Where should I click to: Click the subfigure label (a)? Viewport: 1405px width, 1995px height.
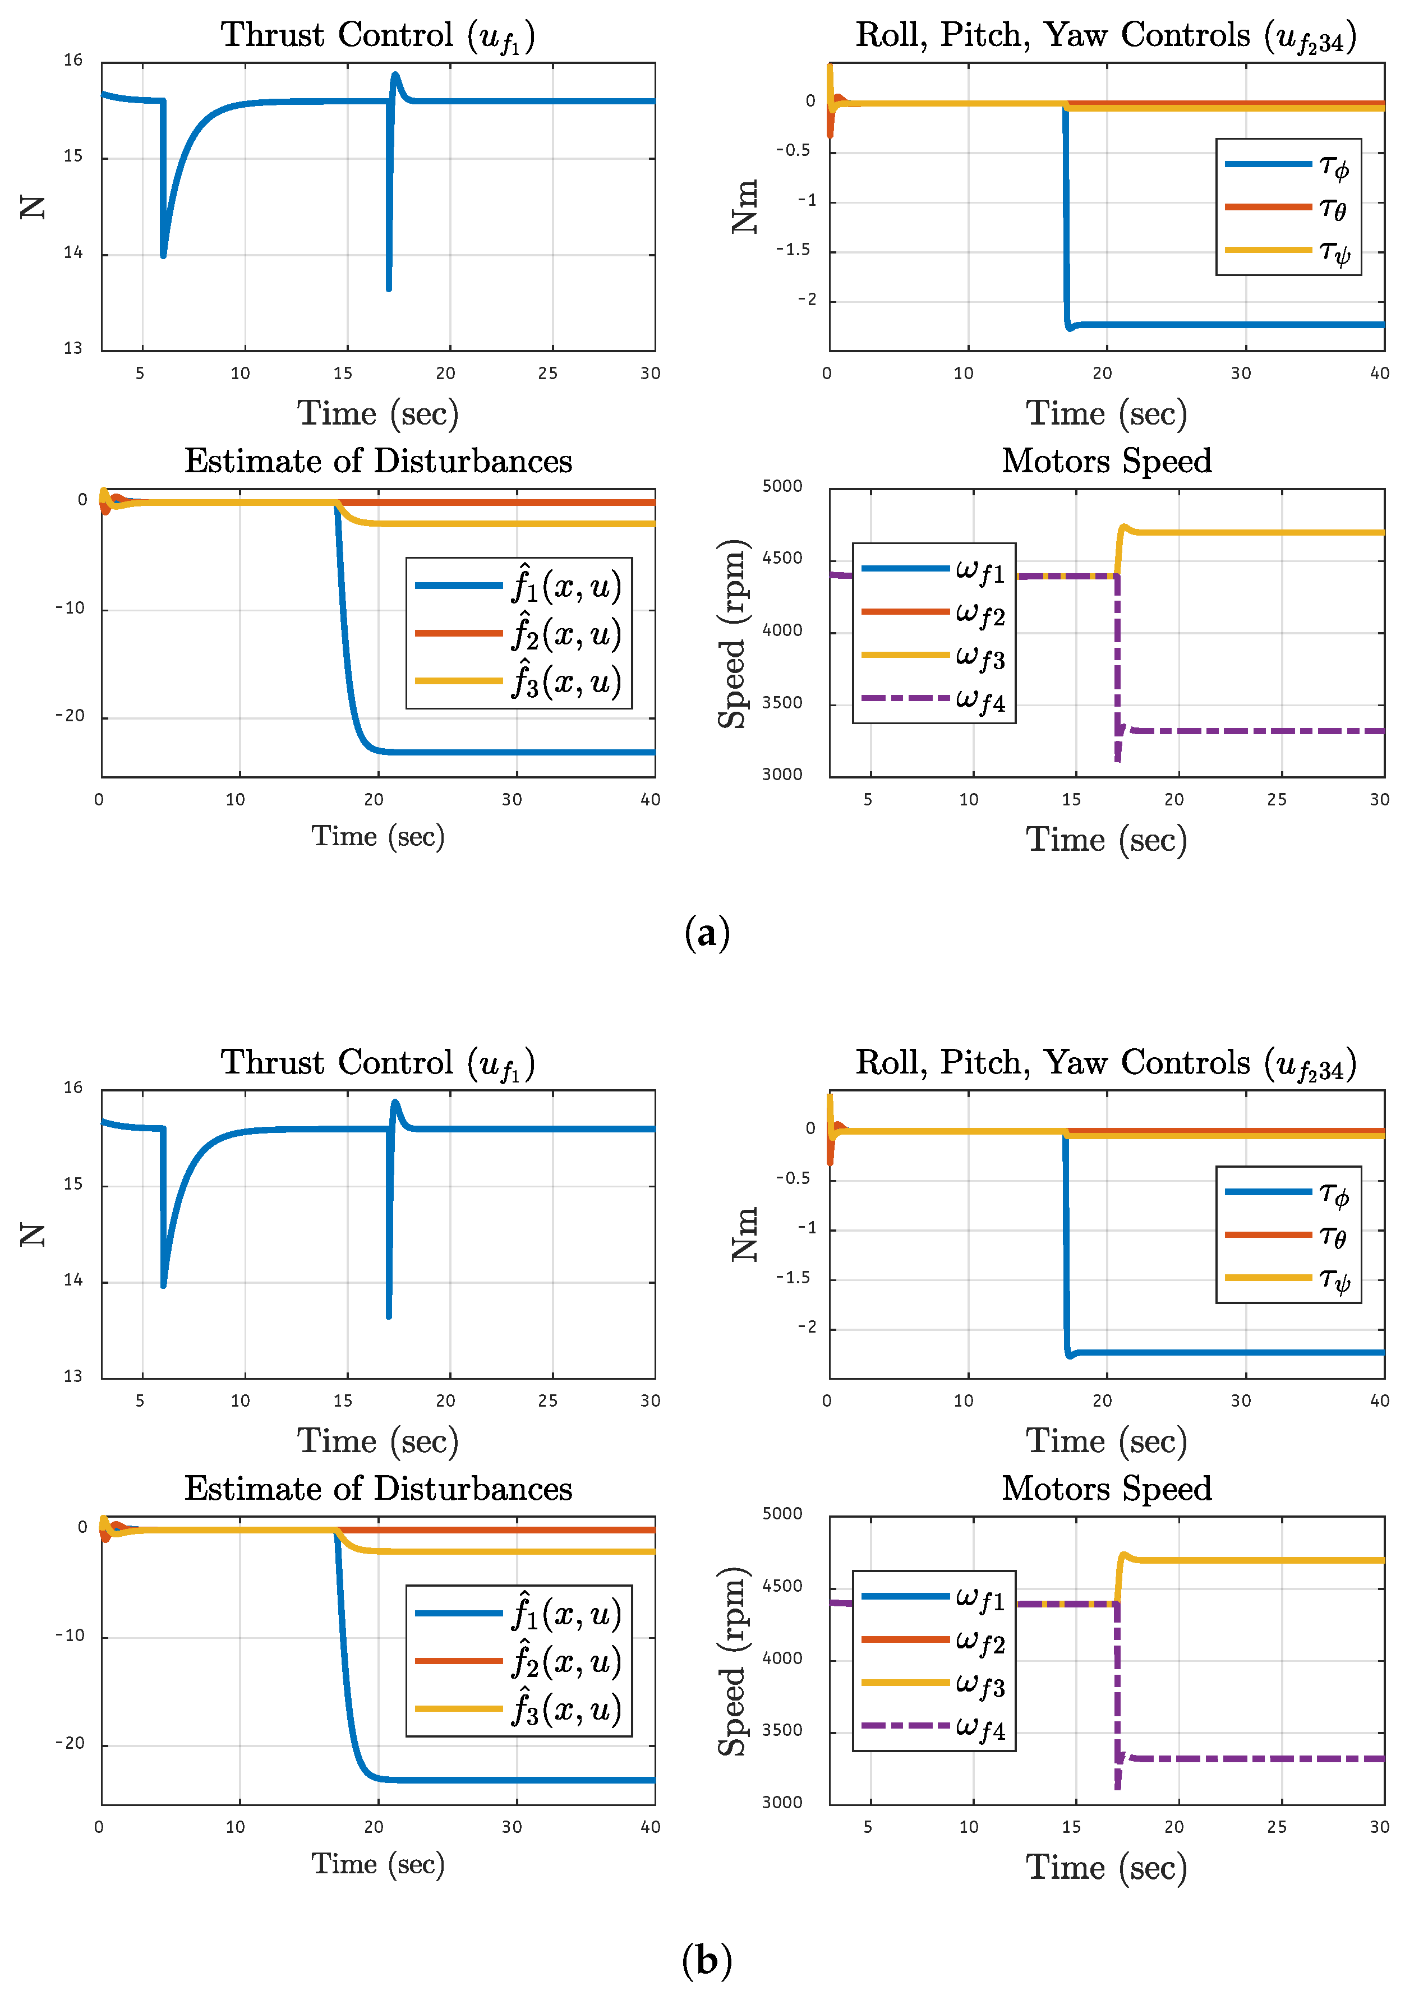[x=706, y=933]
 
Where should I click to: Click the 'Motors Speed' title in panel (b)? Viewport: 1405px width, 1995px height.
[x=1106, y=1489]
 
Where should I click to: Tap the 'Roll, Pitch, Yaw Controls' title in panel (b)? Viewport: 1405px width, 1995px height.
[x=1105, y=1063]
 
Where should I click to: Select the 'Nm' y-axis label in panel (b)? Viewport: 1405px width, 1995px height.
[x=745, y=1234]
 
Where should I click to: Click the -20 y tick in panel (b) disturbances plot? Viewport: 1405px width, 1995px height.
[x=70, y=1744]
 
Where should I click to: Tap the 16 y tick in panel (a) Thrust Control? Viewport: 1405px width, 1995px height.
[x=73, y=61]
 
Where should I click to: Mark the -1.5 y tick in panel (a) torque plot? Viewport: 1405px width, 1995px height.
[x=793, y=250]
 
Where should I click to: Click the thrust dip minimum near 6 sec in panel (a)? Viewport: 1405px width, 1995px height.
[x=163, y=255]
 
